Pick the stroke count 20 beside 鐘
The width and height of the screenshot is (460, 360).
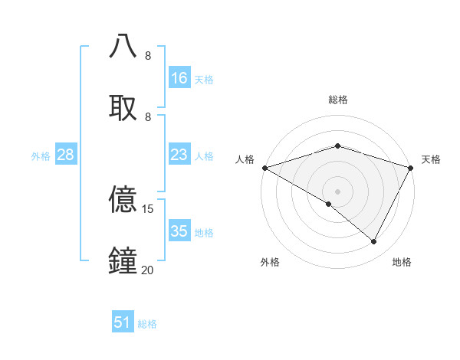(x=148, y=270)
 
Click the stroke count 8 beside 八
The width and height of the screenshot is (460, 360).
(x=148, y=56)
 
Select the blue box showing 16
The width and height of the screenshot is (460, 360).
(x=179, y=78)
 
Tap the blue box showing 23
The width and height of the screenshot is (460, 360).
(x=179, y=155)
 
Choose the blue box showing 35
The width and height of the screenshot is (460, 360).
(x=179, y=231)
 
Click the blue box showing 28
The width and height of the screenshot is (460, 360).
(x=66, y=155)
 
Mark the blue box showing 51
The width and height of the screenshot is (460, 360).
(x=123, y=322)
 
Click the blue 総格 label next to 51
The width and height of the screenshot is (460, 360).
(x=147, y=324)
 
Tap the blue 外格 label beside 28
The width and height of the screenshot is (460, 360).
(x=41, y=156)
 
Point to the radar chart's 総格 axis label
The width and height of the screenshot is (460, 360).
(x=337, y=100)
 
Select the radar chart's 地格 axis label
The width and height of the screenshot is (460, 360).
(x=402, y=262)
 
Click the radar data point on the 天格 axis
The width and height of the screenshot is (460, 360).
(x=411, y=168)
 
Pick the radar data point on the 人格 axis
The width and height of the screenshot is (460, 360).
(x=264, y=168)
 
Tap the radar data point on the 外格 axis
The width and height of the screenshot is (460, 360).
(x=329, y=204)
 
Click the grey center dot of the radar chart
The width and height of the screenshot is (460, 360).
(x=337, y=191)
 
